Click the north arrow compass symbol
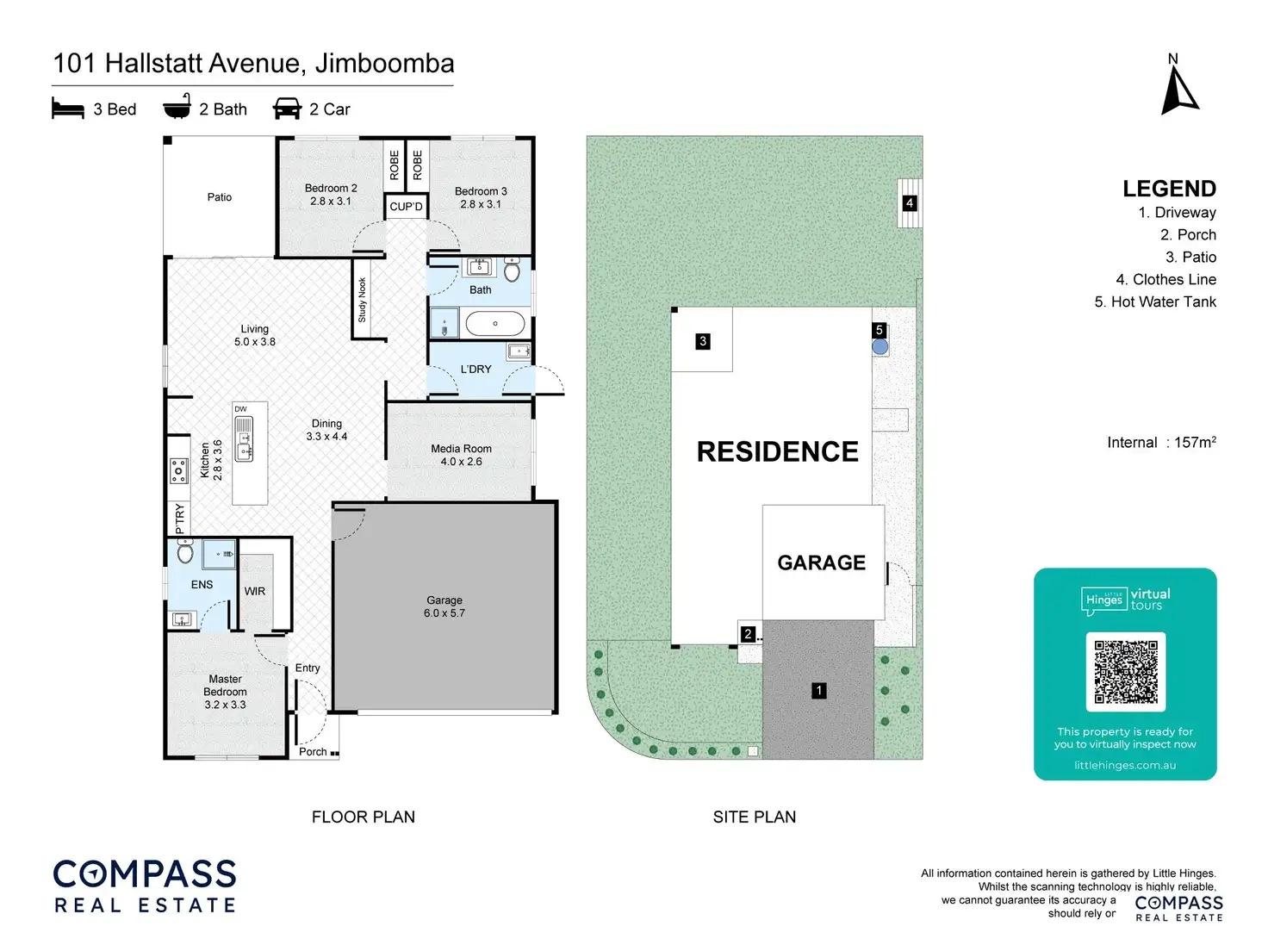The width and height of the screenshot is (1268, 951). [1178, 90]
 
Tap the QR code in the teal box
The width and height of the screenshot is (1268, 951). [1125, 672]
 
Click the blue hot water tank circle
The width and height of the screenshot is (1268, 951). [880, 347]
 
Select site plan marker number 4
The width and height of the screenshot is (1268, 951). [910, 203]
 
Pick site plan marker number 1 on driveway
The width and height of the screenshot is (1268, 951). [819, 690]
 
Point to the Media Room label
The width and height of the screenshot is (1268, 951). [461, 455]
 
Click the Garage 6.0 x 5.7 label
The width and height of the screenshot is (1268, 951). [444, 606]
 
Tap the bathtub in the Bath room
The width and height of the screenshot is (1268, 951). [494, 324]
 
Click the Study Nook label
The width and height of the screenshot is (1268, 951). [363, 300]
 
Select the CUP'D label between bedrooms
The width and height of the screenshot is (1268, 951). [406, 207]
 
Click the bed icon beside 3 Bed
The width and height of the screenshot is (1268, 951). [68, 109]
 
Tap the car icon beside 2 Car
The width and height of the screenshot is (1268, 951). [287, 109]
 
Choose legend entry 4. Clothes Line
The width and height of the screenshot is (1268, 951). [1165, 279]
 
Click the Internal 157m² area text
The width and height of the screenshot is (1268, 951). [1161, 443]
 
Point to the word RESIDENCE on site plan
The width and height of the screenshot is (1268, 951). [777, 451]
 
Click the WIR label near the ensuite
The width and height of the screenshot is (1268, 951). [255, 591]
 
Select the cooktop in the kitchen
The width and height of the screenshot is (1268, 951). [178, 471]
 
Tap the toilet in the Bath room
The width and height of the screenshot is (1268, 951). [512, 271]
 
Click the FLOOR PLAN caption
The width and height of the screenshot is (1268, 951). [363, 817]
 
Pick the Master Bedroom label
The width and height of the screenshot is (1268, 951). [225, 692]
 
